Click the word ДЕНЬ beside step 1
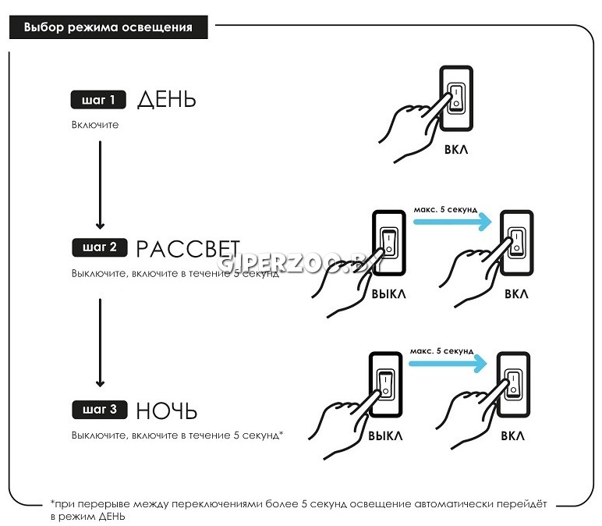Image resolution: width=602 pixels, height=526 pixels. click(x=166, y=100)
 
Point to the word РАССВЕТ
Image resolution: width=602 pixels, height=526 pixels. click(x=187, y=248)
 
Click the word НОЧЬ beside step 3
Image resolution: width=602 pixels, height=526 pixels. click(x=166, y=410)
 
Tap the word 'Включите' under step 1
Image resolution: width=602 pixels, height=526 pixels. click(x=94, y=125)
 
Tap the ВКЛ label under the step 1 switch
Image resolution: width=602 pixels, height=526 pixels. click(x=456, y=150)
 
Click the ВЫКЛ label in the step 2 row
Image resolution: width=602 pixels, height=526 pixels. click(x=388, y=294)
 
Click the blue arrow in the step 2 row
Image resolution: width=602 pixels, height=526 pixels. click(x=451, y=222)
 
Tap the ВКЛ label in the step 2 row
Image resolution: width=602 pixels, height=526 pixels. click(x=515, y=294)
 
